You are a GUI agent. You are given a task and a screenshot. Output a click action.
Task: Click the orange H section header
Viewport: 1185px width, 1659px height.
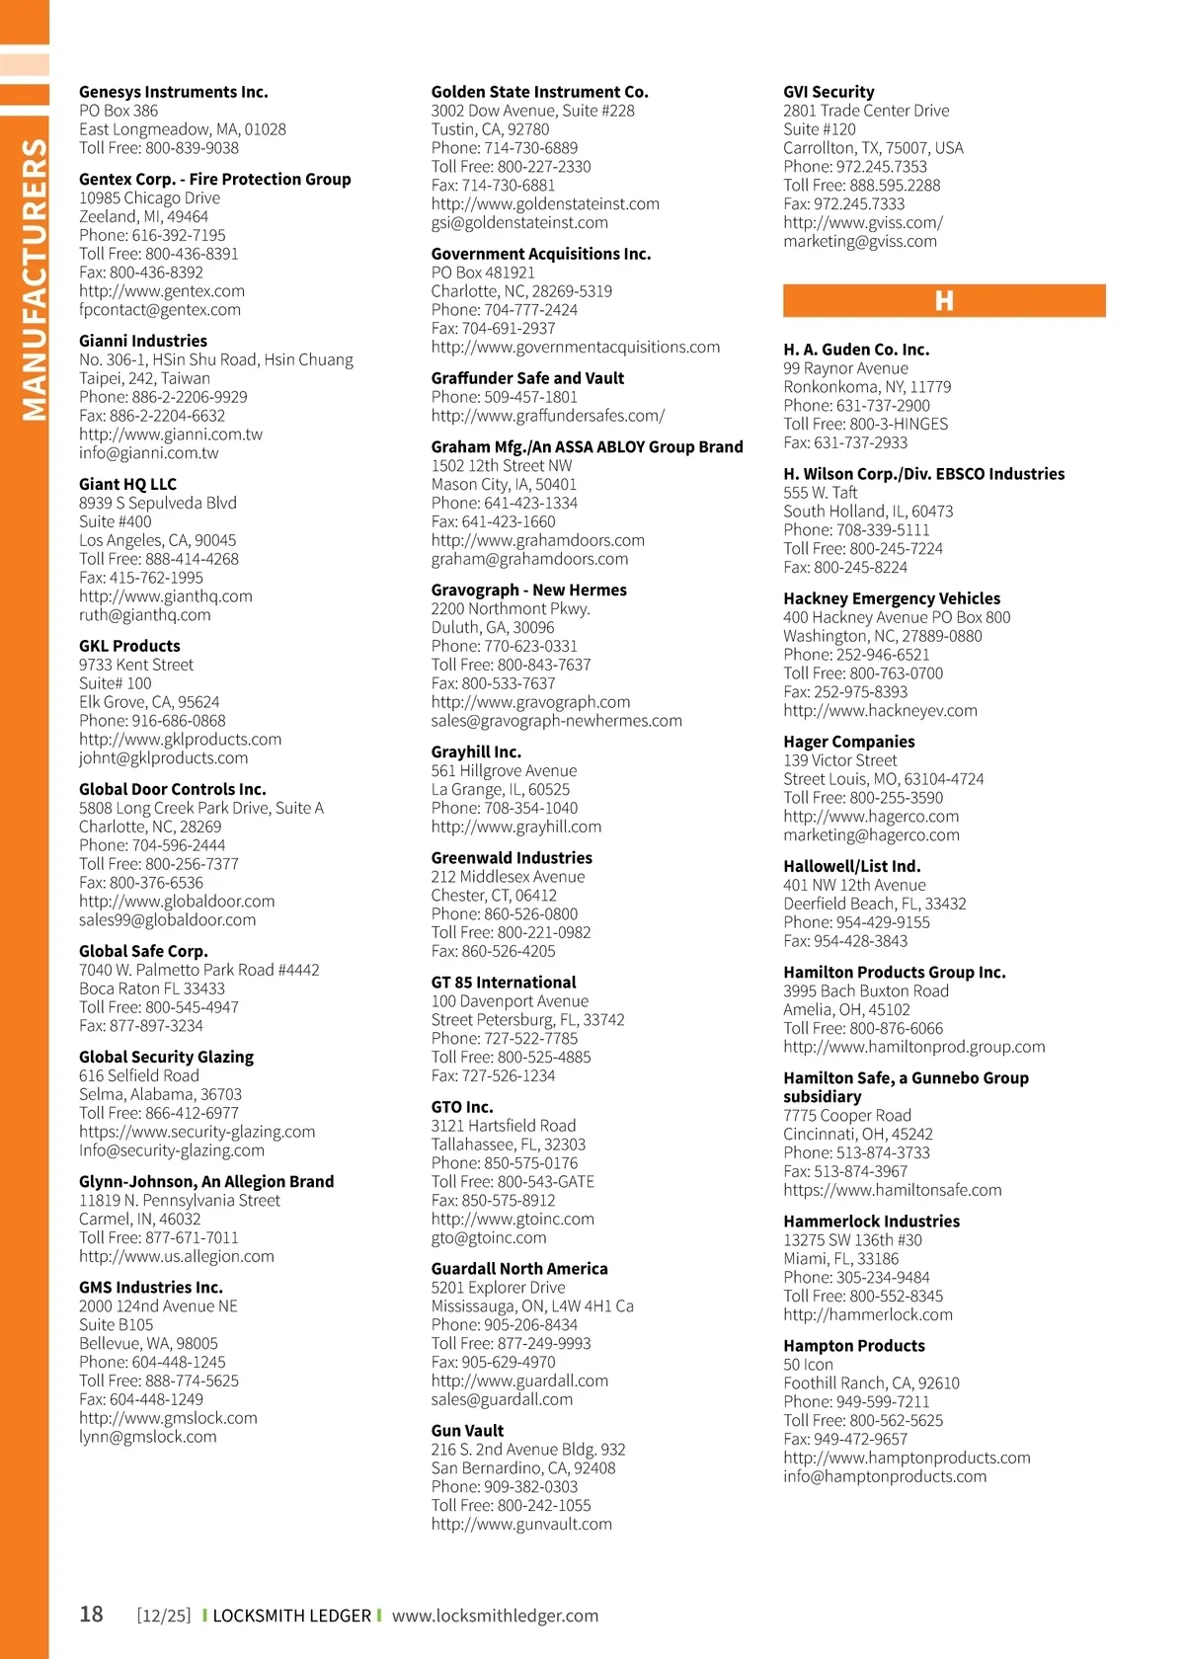944,300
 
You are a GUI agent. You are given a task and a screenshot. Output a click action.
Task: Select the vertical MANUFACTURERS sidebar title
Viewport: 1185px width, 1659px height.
34,279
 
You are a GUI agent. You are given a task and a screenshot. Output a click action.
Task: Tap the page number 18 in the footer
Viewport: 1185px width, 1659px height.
91,1615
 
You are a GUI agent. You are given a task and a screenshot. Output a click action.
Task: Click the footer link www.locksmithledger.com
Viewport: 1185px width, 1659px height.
495,1616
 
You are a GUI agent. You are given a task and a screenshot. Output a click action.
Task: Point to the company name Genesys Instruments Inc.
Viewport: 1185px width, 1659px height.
174,92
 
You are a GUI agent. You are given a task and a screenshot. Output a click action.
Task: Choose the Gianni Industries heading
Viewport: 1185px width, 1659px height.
143,341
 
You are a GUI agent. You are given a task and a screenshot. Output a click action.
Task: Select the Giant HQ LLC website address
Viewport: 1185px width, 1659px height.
166,596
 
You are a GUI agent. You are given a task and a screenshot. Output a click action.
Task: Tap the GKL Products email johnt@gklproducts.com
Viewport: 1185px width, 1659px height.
164,758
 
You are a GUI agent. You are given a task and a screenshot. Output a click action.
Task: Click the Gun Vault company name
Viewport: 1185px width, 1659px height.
467,1431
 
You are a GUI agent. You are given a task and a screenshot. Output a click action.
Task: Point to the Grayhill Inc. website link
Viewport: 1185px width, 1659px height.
516,828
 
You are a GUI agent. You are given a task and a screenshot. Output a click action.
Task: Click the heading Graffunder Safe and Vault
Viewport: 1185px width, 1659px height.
527,378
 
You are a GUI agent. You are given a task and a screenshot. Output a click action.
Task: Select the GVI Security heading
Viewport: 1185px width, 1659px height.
829,92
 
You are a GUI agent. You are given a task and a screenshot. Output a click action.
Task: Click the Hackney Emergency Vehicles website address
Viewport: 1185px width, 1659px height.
880,711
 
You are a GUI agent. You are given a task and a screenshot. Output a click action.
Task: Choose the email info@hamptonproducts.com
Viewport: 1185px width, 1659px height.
885,1477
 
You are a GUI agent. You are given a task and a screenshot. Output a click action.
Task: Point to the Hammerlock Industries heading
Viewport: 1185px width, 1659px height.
871,1222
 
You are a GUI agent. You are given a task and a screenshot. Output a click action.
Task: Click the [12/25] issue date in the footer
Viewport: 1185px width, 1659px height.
164,1616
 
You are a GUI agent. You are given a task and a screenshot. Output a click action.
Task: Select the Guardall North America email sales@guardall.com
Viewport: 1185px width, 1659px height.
502,1400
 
